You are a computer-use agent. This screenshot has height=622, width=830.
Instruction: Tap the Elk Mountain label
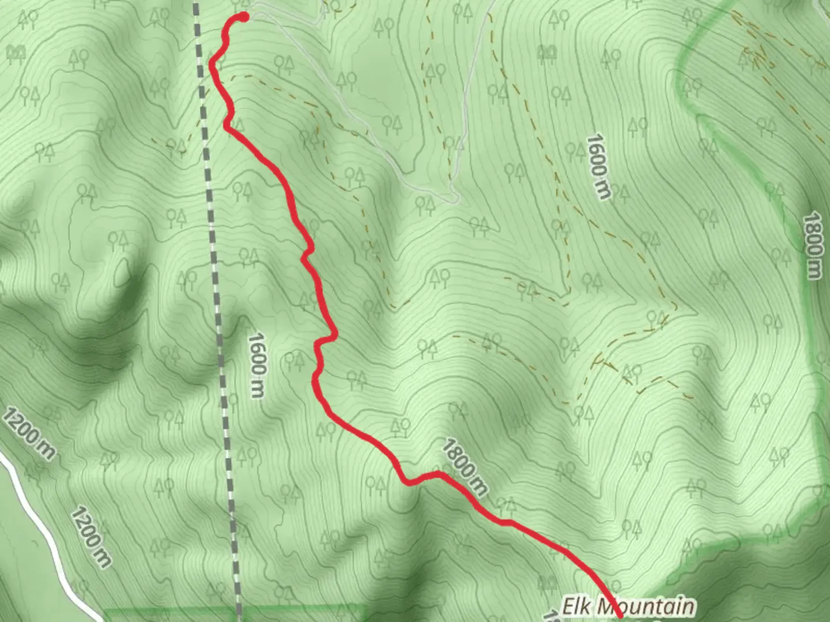click(x=628, y=606)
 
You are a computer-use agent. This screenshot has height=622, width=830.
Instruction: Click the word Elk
click(x=578, y=606)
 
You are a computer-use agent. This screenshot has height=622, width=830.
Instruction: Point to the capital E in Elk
click(x=568, y=606)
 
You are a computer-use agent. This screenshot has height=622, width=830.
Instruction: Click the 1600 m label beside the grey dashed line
click(x=256, y=365)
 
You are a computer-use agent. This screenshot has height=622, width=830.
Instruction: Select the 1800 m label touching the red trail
click(x=465, y=466)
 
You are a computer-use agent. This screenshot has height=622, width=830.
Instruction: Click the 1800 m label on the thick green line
click(x=813, y=245)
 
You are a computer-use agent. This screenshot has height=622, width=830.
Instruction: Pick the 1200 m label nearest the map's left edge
click(x=29, y=433)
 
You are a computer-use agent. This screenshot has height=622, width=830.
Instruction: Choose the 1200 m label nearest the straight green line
click(x=92, y=536)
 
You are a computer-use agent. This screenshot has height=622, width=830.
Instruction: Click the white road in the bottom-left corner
click(x=40, y=518)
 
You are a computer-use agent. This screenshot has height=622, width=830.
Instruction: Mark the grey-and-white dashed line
click(x=216, y=288)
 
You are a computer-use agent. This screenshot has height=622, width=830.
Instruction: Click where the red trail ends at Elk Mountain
click(x=620, y=616)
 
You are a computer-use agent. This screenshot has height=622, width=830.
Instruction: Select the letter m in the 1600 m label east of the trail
click(x=603, y=191)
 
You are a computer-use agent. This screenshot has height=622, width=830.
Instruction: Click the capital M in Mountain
click(x=605, y=606)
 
